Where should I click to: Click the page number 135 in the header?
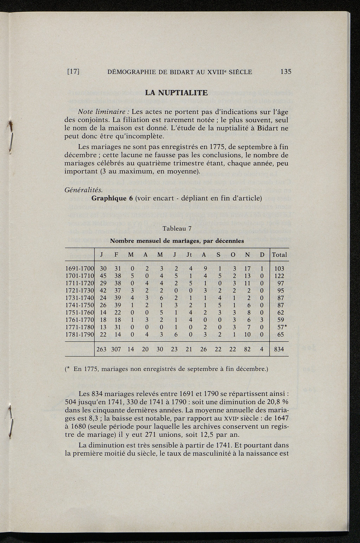pyautogui.click(x=286, y=72)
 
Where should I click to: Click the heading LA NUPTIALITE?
pyautogui.click(x=176, y=93)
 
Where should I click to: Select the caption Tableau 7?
pyautogui.click(x=177, y=229)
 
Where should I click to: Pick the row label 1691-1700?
pyautogui.click(x=79, y=268)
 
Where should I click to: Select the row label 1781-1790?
pyautogui.click(x=79, y=334)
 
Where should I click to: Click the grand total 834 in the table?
pyautogui.click(x=279, y=349)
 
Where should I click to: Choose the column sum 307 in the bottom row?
pyautogui.click(x=116, y=349)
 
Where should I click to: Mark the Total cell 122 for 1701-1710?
pyautogui.click(x=279, y=276)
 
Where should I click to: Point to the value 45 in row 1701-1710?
pyautogui.click(x=103, y=276)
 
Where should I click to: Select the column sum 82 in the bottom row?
pyautogui.click(x=247, y=349)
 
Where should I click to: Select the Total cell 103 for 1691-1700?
pyautogui.click(x=279, y=268)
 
